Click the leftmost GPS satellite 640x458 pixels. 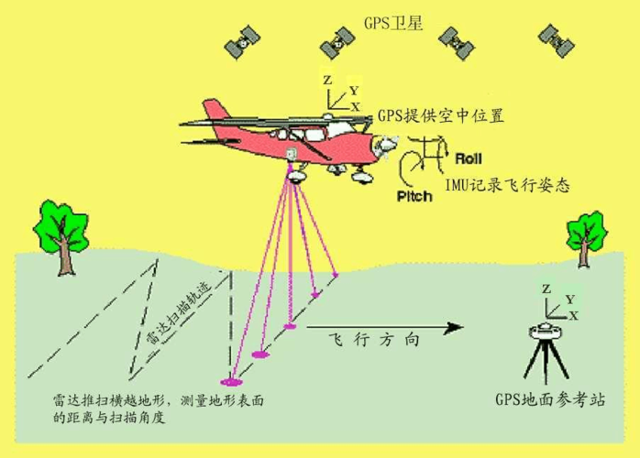[x=242, y=42]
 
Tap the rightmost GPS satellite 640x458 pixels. [x=557, y=40]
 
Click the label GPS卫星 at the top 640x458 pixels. [x=392, y=23]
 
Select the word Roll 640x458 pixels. [x=469, y=158]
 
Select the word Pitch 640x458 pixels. [x=414, y=196]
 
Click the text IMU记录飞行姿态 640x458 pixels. [x=507, y=186]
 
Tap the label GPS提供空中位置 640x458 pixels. [x=441, y=115]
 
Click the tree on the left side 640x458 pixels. [x=61, y=236]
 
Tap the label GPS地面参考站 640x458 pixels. [x=550, y=399]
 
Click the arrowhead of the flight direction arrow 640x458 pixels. [x=454, y=327]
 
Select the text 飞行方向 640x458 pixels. [x=374, y=340]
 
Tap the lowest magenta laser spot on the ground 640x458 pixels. [x=231, y=382]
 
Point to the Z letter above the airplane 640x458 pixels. [x=327, y=81]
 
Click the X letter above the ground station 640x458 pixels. [x=574, y=316]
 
